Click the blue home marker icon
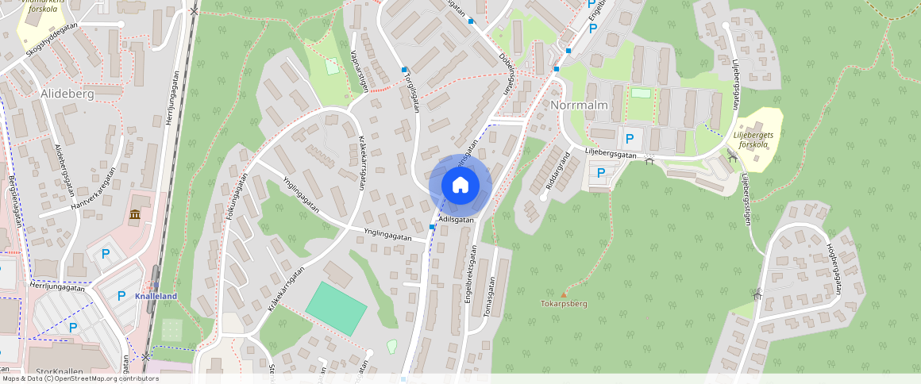[x=460, y=185]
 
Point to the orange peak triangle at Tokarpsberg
[x=564, y=295]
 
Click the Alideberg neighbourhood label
[x=67, y=94]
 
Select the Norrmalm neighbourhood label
[x=579, y=105]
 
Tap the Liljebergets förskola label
[x=755, y=139]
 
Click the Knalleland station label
[x=156, y=296]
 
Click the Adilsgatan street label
[x=456, y=220]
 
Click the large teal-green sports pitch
[x=336, y=309]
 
